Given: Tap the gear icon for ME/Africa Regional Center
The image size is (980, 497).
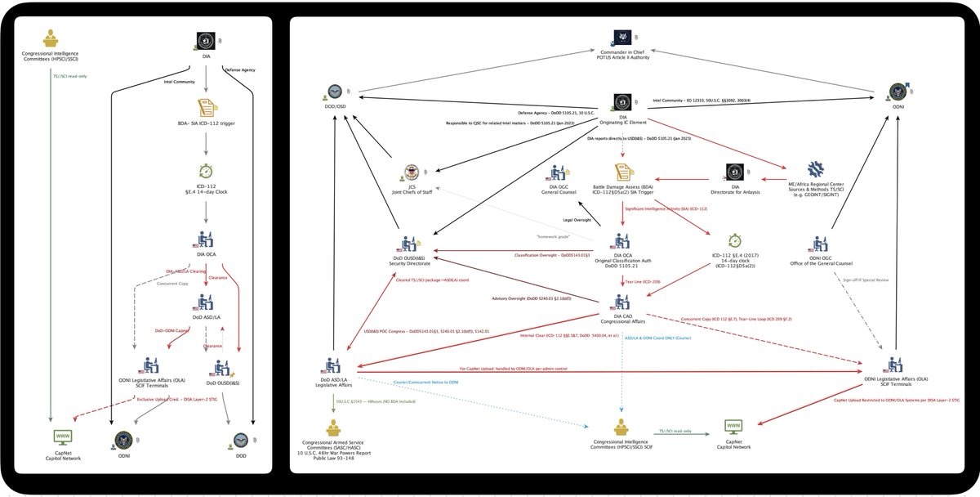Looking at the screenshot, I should (816, 171).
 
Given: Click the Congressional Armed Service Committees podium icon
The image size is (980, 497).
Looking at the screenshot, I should (333, 428).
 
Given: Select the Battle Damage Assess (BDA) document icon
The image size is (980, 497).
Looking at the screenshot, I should (621, 172).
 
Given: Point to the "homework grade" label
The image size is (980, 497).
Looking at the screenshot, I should (554, 237).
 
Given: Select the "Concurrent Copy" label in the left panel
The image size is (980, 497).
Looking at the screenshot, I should (172, 284).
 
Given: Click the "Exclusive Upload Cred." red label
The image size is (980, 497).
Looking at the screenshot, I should (176, 400).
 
